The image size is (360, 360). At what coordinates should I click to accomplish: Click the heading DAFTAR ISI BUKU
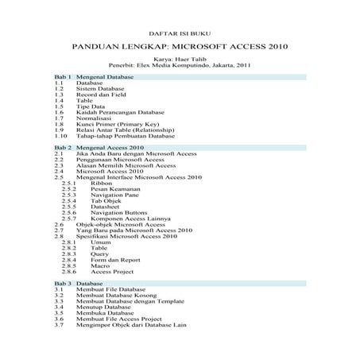(x=180, y=34)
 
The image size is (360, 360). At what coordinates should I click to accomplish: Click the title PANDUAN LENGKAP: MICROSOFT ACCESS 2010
(x=180, y=47)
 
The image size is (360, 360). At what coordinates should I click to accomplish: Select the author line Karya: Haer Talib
(x=180, y=59)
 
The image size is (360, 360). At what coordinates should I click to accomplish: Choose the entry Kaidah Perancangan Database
(x=114, y=113)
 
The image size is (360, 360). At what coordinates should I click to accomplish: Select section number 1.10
(x=60, y=137)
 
